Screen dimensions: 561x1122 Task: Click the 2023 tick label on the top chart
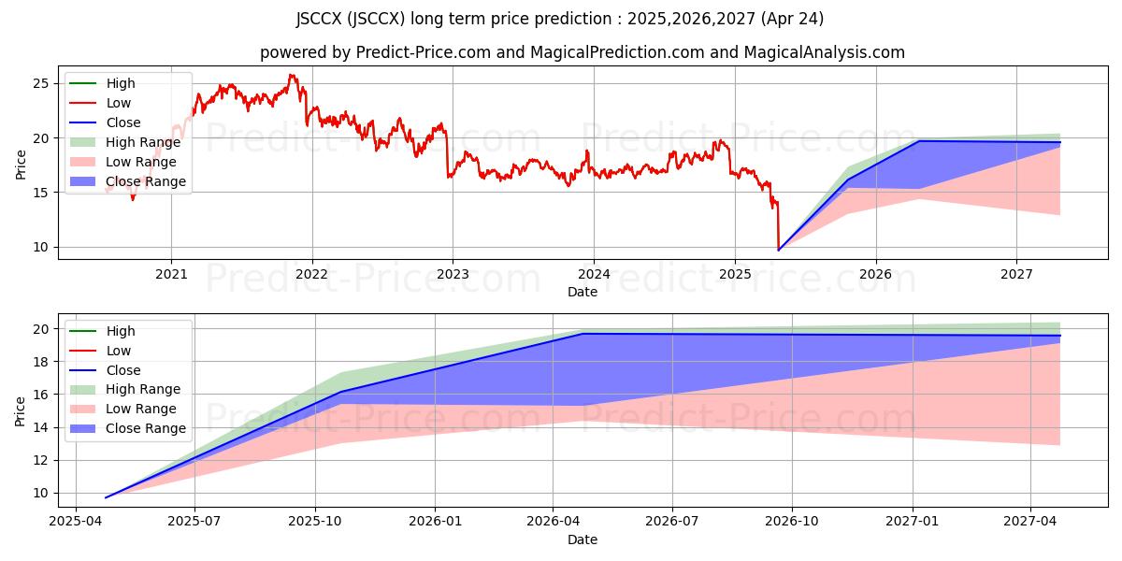click(x=453, y=274)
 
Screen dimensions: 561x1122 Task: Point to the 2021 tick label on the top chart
click(x=171, y=274)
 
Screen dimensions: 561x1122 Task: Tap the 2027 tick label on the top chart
click(x=1016, y=274)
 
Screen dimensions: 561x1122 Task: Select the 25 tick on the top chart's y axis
click(x=41, y=83)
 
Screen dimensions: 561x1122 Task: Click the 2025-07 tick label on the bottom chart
click(x=194, y=522)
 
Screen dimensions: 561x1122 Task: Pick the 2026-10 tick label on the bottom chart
click(x=792, y=522)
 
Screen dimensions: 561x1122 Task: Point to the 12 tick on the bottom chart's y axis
click(x=41, y=460)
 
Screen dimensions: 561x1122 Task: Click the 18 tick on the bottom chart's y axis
click(x=41, y=362)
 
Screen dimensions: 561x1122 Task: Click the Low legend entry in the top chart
click(x=119, y=103)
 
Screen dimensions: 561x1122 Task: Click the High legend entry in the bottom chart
click(x=121, y=331)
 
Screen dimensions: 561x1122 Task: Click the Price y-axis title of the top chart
click(x=21, y=165)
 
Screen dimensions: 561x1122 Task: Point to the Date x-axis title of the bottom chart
click(x=582, y=539)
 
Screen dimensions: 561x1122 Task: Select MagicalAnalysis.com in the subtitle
click(x=824, y=52)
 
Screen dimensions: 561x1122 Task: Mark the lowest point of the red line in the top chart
click(x=778, y=250)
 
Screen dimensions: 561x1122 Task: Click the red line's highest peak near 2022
click(x=291, y=75)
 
